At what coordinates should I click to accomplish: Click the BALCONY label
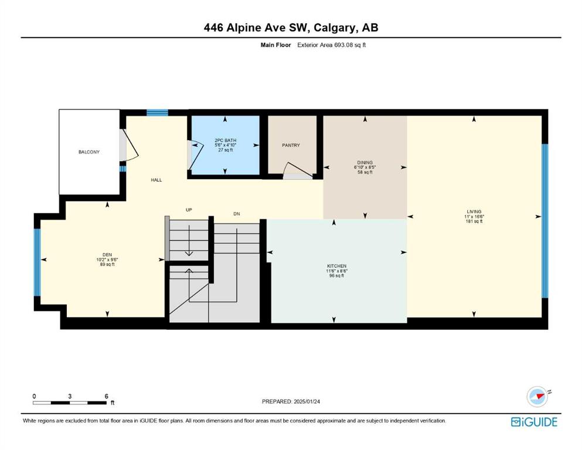coord(89,152)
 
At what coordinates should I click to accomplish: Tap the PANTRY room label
coord(291,145)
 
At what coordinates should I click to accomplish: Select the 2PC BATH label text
coord(225,140)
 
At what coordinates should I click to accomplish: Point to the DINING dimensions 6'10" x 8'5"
coord(365,168)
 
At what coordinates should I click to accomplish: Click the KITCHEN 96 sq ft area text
coord(336,275)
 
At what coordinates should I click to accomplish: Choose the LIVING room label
coord(474,212)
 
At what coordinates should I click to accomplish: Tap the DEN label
coord(107,255)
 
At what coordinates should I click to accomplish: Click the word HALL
coord(156,180)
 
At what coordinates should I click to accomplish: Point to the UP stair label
coord(189,210)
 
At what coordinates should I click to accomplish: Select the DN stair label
coord(237,214)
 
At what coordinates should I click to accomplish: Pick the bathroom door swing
coord(197,155)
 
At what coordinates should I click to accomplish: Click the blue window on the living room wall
coord(545,221)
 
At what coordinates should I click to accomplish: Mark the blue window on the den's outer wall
coord(37,262)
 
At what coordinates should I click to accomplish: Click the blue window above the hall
coord(157,112)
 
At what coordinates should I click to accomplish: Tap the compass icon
coord(538,397)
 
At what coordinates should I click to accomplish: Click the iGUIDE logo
coord(534,422)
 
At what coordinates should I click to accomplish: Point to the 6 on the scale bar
coord(106,396)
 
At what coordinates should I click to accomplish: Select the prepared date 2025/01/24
coord(307,401)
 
